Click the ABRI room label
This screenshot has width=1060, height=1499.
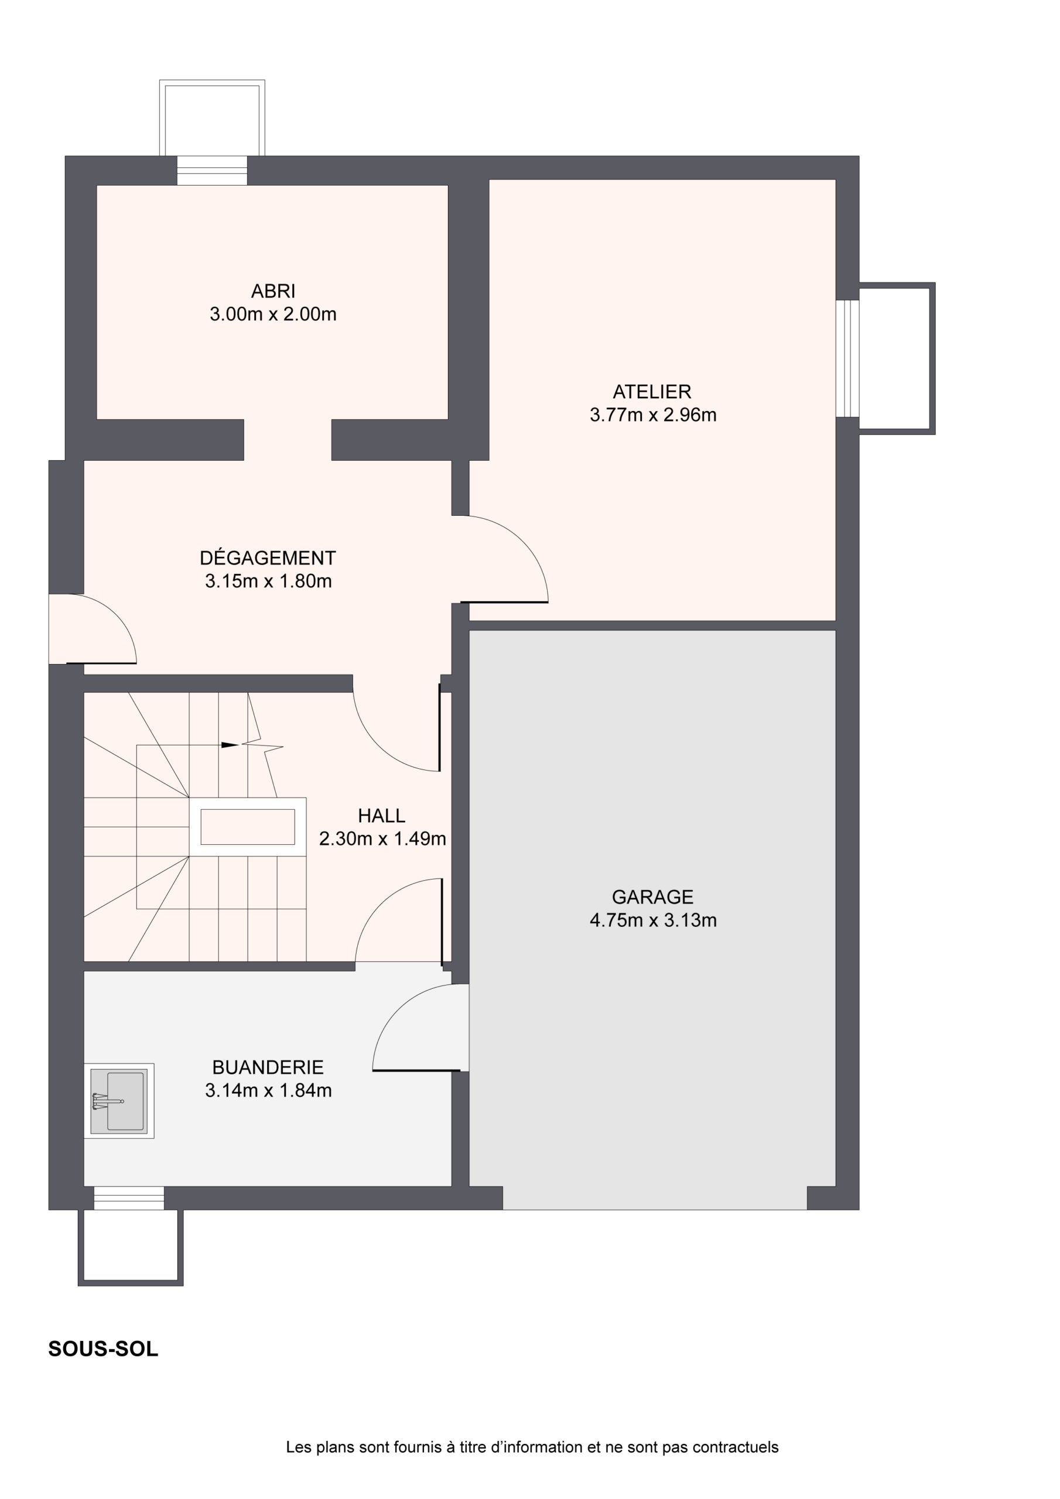click(273, 290)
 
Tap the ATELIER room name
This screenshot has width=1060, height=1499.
click(652, 392)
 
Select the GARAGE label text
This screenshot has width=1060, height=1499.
click(652, 896)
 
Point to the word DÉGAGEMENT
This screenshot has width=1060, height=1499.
click(268, 557)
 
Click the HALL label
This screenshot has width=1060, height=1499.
click(381, 816)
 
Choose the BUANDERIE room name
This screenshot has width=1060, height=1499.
click(268, 1067)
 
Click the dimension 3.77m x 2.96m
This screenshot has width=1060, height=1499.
click(653, 415)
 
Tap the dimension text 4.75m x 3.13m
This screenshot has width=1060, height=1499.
click(653, 920)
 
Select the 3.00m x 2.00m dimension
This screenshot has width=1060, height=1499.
click(273, 314)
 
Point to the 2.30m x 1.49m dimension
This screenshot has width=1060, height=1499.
click(382, 839)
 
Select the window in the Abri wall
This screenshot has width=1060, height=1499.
click(212, 170)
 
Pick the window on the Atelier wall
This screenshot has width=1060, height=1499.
click(848, 358)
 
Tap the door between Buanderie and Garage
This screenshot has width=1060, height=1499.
click(420, 1028)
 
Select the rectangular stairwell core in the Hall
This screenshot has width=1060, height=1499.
click(248, 827)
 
